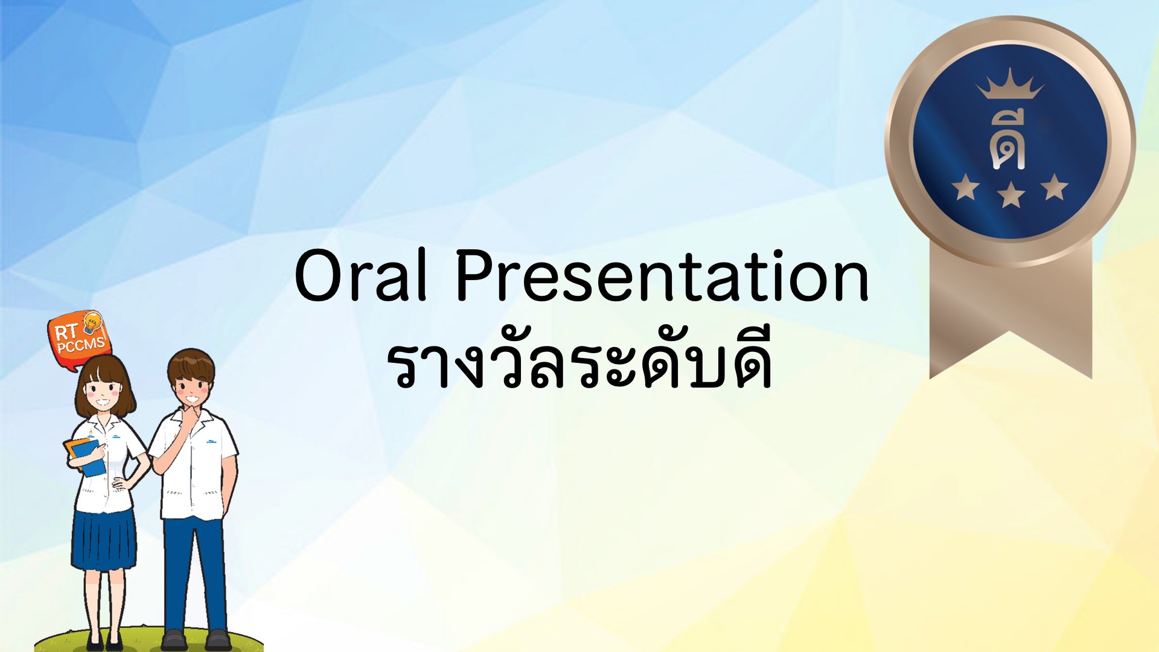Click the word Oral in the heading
click(361, 275)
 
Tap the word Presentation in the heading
click(662, 275)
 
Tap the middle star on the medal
click(1011, 195)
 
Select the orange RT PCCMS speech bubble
click(78, 339)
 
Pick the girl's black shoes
click(104, 641)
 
